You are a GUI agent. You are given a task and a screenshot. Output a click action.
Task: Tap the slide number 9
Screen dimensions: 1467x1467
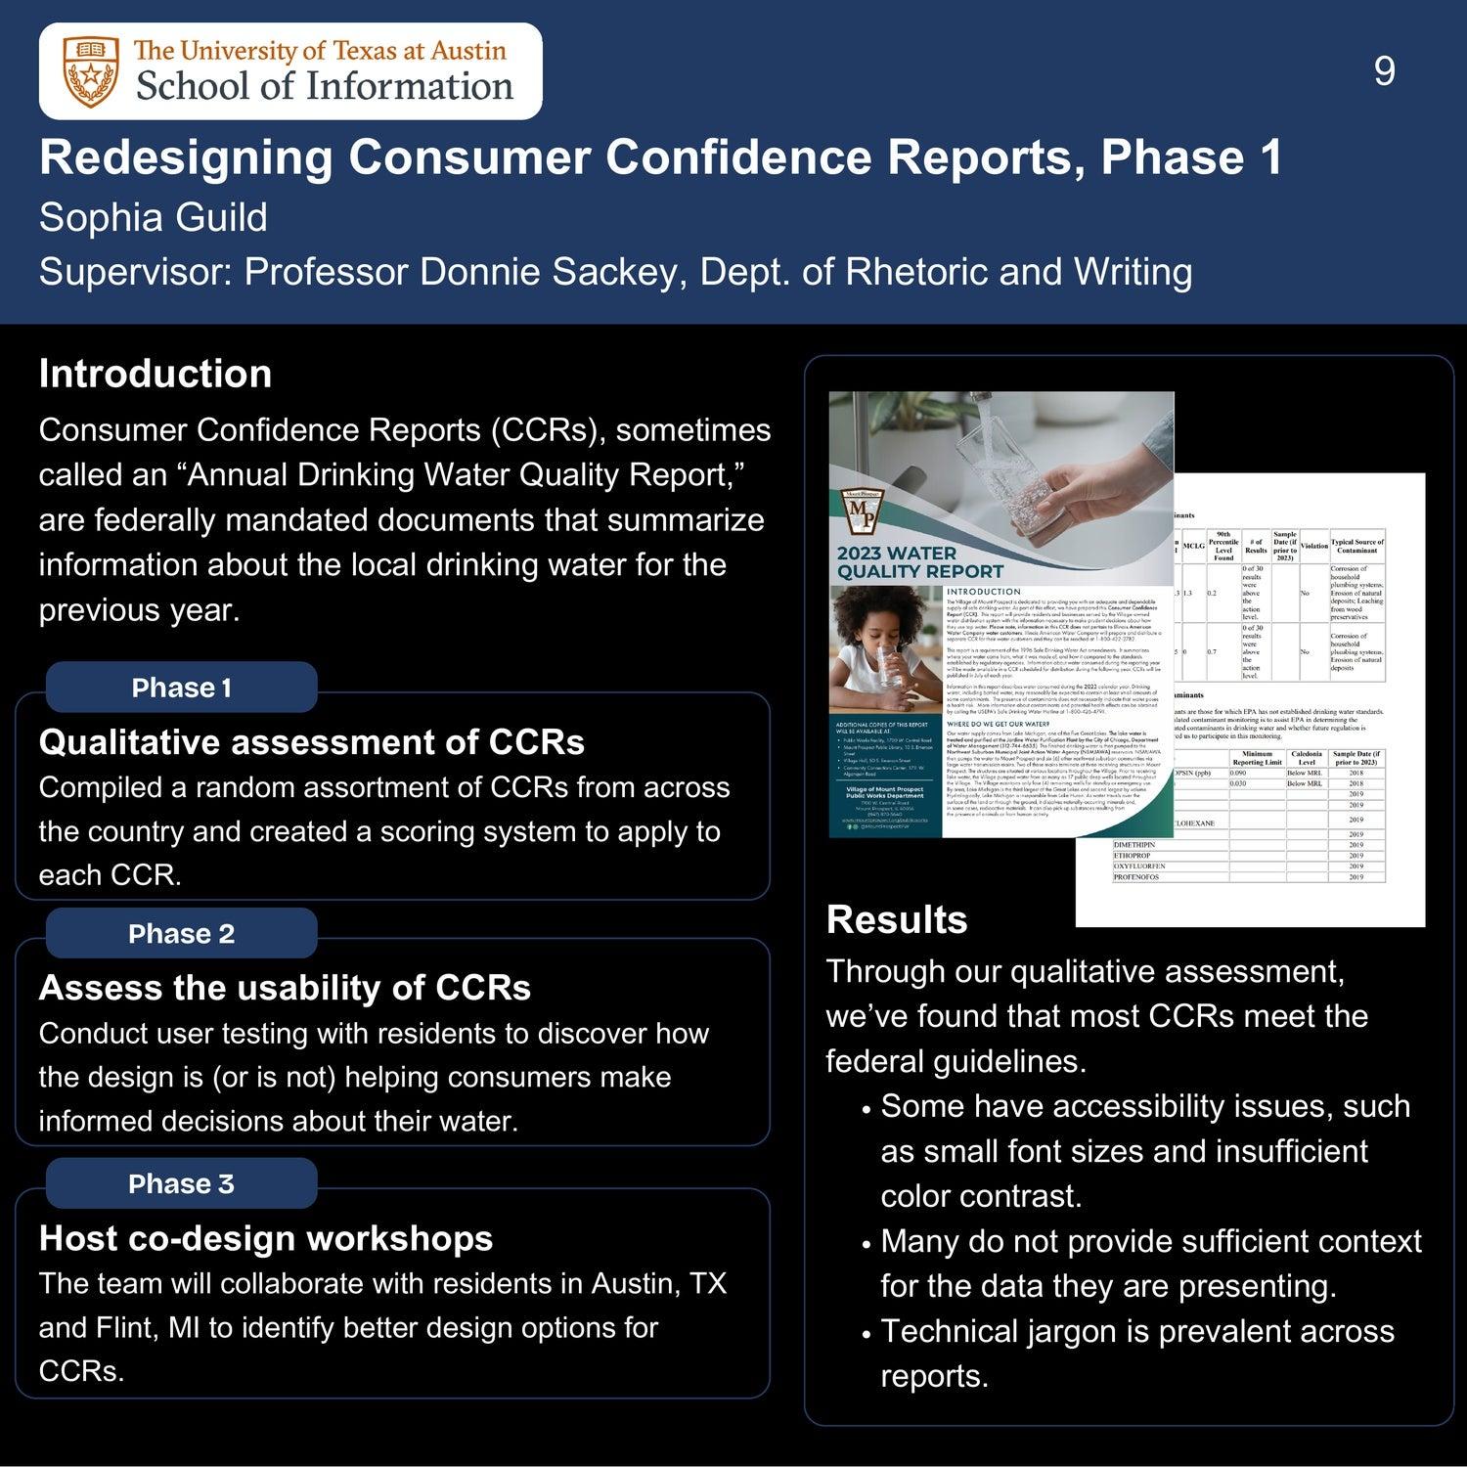pyautogui.click(x=1384, y=71)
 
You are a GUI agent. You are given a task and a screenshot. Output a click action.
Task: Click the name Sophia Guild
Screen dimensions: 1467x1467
pyautogui.click(x=153, y=217)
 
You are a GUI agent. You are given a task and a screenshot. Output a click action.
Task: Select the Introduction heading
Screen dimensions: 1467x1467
pyautogui.click(x=156, y=374)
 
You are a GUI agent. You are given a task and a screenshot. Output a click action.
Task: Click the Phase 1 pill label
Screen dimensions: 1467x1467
pyautogui.click(x=182, y=688)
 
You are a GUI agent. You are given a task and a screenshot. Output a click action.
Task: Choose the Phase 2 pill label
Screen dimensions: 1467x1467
pyautogui.click(x=182, y=934)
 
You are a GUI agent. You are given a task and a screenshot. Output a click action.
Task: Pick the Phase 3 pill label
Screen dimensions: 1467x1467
pyautogui.click(x=182, y=1184)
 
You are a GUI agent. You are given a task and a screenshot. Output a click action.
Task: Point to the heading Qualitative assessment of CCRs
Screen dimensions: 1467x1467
pyautogui.click(x=311, y=742)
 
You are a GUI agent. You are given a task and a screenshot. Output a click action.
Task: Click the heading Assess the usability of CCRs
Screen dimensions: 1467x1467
pyautogui.click(x=285, y=988)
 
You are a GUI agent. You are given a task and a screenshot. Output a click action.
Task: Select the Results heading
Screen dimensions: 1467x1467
pyautogui.click(x=897, y=919)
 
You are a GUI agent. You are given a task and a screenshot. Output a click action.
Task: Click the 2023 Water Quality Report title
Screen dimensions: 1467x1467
pyautogui.click(x=905, y=562)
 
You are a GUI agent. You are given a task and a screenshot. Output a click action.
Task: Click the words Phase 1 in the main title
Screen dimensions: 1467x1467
pyautogui.click(x=1191, y=158)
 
